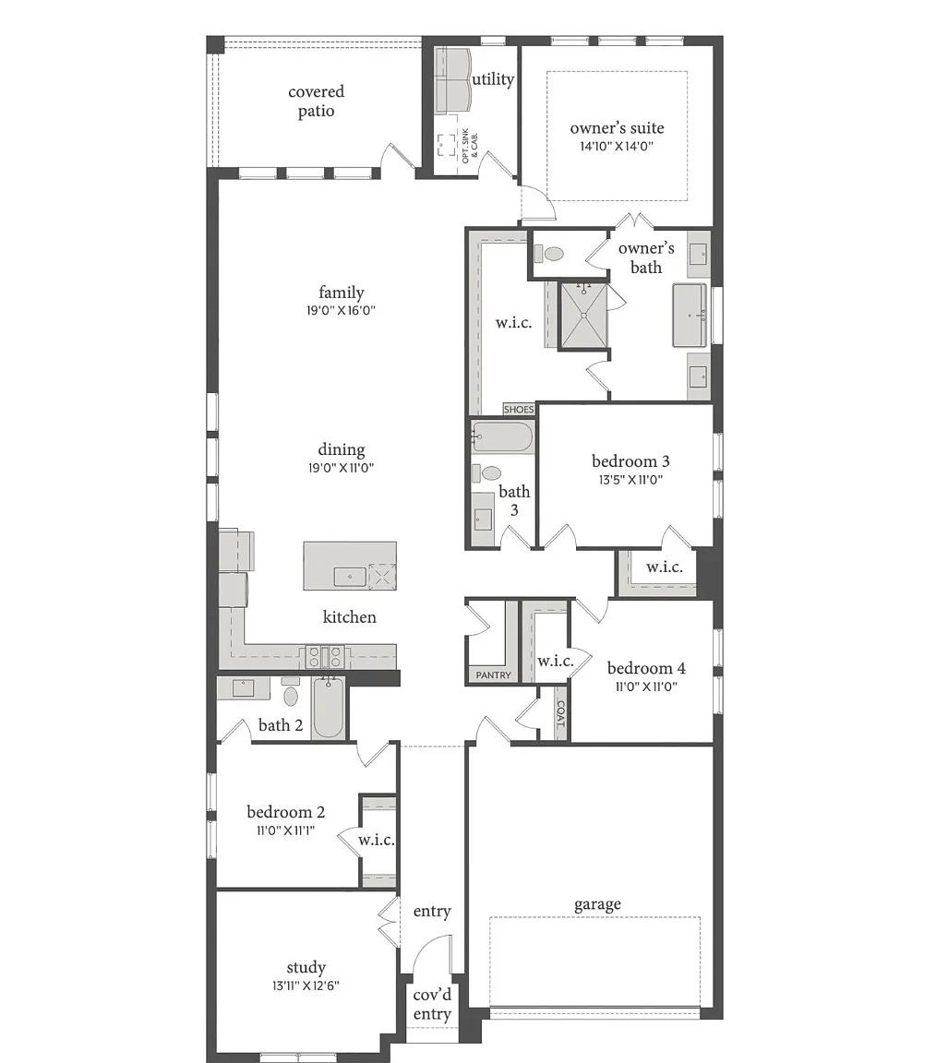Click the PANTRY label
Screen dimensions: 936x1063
493,675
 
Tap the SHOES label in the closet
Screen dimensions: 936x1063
518,410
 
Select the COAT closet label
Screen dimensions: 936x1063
560,714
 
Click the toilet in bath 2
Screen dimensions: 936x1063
291,692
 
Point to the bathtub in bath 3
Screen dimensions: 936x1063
502,437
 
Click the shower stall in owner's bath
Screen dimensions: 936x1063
583,316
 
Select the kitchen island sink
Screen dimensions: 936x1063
350,577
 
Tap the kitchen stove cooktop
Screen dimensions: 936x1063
326,656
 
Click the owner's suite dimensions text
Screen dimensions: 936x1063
617,146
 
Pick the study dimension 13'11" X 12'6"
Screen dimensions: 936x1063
306,985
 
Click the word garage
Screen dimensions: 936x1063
597,905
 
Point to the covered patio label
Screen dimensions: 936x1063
316,101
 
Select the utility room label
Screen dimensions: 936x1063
493,80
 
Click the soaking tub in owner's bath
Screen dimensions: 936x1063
690,316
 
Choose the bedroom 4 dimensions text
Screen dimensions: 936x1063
646,687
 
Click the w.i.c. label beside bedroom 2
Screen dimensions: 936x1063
376,840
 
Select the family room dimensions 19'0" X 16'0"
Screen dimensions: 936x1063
342,310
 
